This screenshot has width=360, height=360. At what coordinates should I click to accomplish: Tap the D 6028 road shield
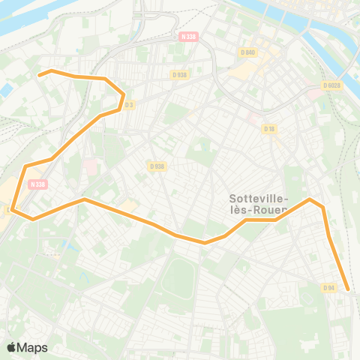pos(332,85)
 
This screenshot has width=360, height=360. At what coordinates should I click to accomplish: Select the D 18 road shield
pos(270,129)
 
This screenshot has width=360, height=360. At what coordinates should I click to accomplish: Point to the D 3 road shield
pos(129,104)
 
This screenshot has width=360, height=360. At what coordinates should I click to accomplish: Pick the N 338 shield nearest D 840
pos(188,36)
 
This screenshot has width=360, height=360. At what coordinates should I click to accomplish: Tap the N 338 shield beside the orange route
pos(37,184)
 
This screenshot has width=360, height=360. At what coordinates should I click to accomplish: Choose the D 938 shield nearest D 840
pos(179,74)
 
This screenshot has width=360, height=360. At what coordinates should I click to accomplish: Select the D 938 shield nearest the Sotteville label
pos(157,166)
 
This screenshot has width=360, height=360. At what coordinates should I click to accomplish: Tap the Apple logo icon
pos(12,347)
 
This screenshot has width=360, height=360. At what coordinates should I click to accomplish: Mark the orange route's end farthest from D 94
pos(40,75)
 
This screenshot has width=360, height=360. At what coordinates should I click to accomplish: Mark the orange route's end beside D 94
pos(348,288)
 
